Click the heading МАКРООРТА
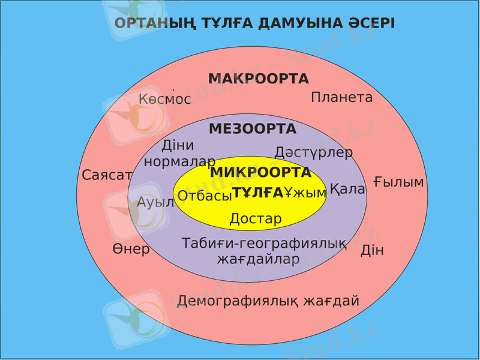coord(259,79)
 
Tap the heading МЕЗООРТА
coord(253,129)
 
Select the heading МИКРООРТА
coord(260,173)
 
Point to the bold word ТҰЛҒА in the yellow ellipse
coord(257,193)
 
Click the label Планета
coord(341,97)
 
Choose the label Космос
coord(164,99)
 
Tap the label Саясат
coord(107,175)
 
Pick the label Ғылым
coord(398,182)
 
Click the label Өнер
coord(131,249)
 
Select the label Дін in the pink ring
coord(372,250)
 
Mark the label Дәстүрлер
coord(313,152)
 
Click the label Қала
coord(347,189)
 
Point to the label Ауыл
coord(155,202)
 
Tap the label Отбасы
coord(205,196)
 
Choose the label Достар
coord(256,218)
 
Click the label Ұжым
coord(305,193)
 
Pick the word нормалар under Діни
coord(179,161)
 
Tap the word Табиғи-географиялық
coord(264,244)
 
